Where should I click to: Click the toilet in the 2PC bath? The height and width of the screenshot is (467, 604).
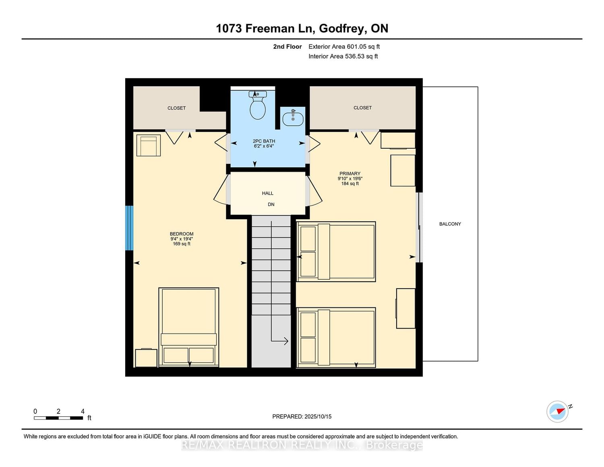pyautogui.click(x=258, y=105)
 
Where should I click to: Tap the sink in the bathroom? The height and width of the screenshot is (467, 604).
pyautogui.click(x=293, y=118)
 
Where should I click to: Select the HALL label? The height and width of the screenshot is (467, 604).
pyautogui.click(x=268, y=193)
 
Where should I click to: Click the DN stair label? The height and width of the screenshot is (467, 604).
pyautogui.click(x=271, y=204)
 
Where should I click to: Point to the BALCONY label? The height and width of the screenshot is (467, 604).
pyautogui.click(x=450, y=224)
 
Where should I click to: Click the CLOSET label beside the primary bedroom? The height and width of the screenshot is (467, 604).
pyautogui.click(x=362, y=108)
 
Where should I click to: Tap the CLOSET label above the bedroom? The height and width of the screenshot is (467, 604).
pyautogui.click(x=176, y=108)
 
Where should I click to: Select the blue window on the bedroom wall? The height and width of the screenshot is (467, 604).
pyautogui.click(x=129, y=228)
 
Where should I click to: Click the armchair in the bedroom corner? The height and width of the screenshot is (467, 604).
pyautogui.click(x=149, y=145)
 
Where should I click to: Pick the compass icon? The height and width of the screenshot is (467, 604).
pyautogui.click(x=557, y=412)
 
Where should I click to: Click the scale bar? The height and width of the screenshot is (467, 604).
pyautogui.click(x=58, y=418)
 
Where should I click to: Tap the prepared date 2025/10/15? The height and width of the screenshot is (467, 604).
pyautogui.click(x=318, y=417)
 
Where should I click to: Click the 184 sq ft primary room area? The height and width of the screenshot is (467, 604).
pyautogui.click(x=350, y=184)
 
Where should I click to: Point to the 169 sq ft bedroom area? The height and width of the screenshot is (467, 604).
pyautogui.click(x=182, y=244)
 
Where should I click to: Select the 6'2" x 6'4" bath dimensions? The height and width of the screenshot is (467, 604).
pyautogui.click(x=264, y=146)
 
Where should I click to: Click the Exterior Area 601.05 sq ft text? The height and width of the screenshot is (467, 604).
pyautogui.click(x=344, y=47)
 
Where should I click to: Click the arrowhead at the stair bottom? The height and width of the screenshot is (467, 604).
pyautogui.click(x=286, y=341)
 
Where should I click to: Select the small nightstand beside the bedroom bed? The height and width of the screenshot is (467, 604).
pyautogui.click(x=146, y=358)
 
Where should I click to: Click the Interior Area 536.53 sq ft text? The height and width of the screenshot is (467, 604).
pyautogui.click(x=343, y=56)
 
